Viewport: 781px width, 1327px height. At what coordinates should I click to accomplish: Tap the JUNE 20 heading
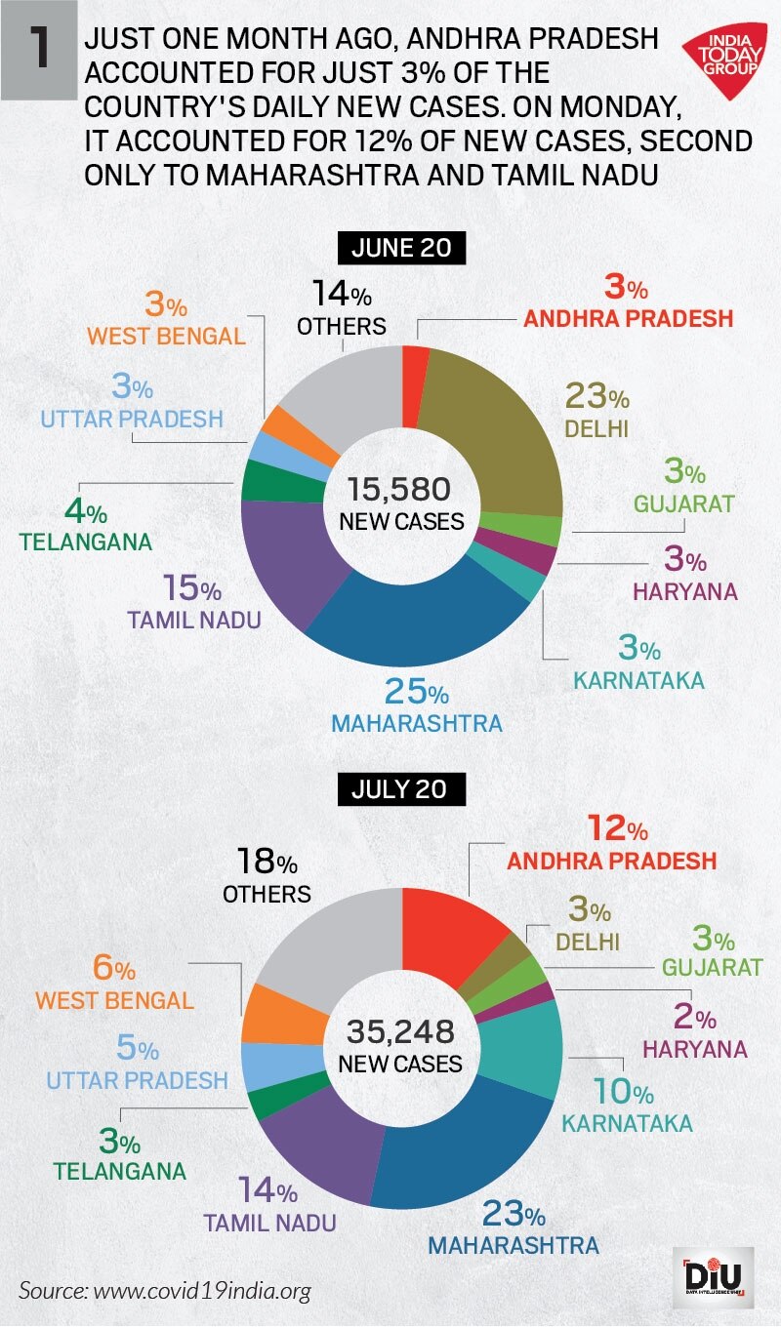pyautogui.click(x=401, y=249)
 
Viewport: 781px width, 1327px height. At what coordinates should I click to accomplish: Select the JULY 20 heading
pyautogui.click(x=401, y=788)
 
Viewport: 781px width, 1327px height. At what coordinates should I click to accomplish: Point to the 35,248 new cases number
pyautogui.click(x=401, y=1030)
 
